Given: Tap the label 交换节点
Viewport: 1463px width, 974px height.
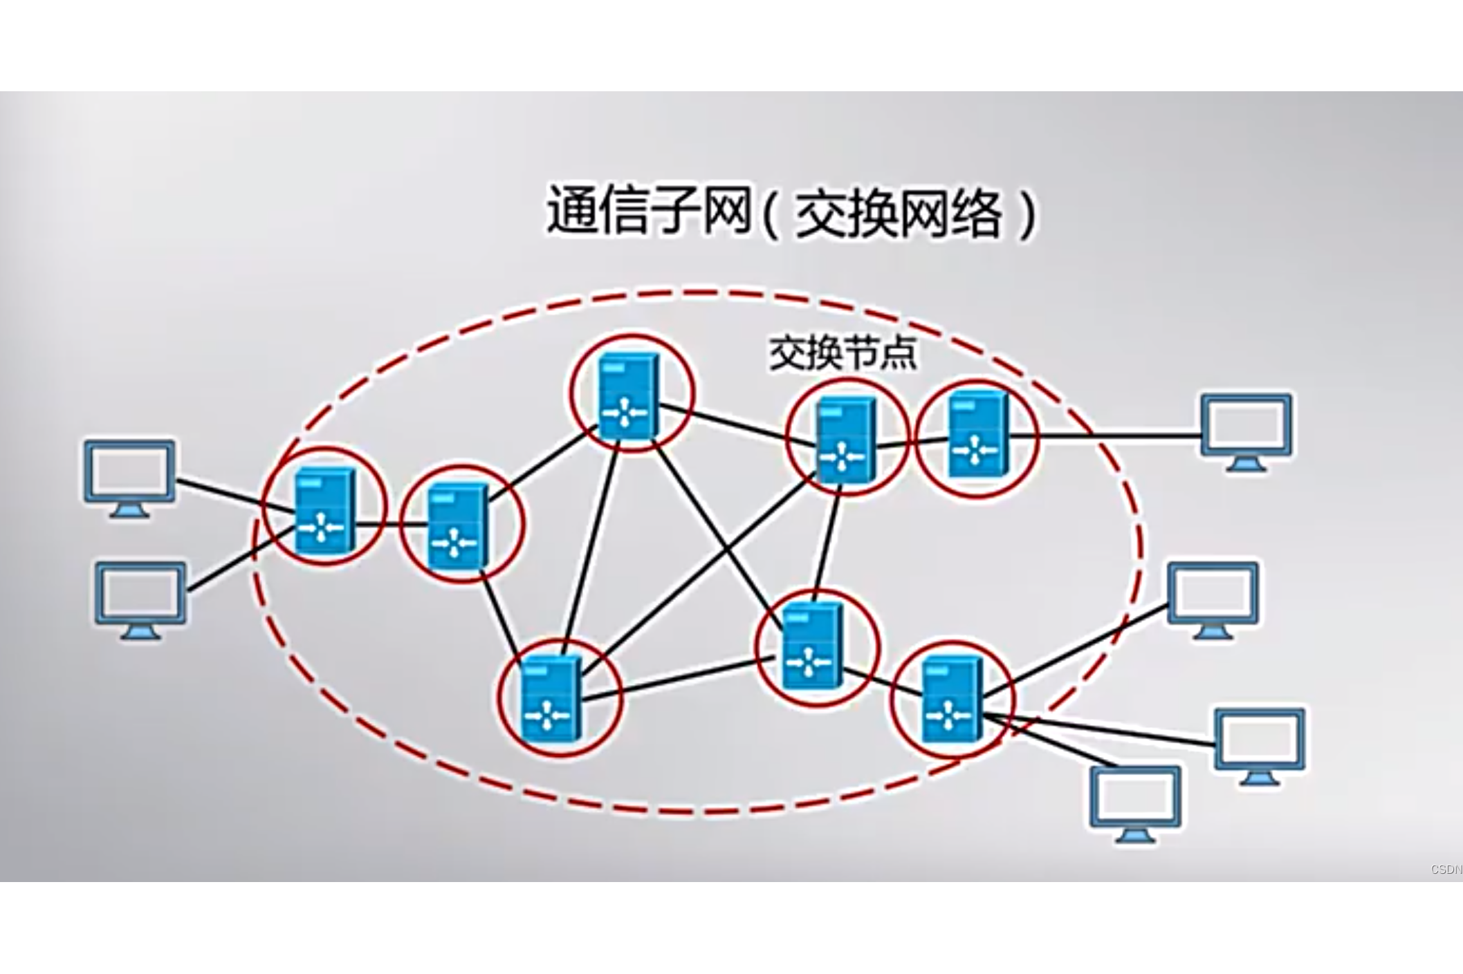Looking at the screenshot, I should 843,354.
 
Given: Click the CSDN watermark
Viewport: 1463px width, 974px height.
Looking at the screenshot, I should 1446,870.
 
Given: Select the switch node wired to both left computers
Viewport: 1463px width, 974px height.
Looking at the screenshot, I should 324,509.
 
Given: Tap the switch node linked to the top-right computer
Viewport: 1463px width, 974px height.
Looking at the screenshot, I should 975,434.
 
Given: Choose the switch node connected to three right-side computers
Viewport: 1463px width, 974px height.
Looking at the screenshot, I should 952,700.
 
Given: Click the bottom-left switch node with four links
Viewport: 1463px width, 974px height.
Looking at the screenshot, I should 550,700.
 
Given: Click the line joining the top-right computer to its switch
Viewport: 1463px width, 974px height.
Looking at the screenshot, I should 1107,436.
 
